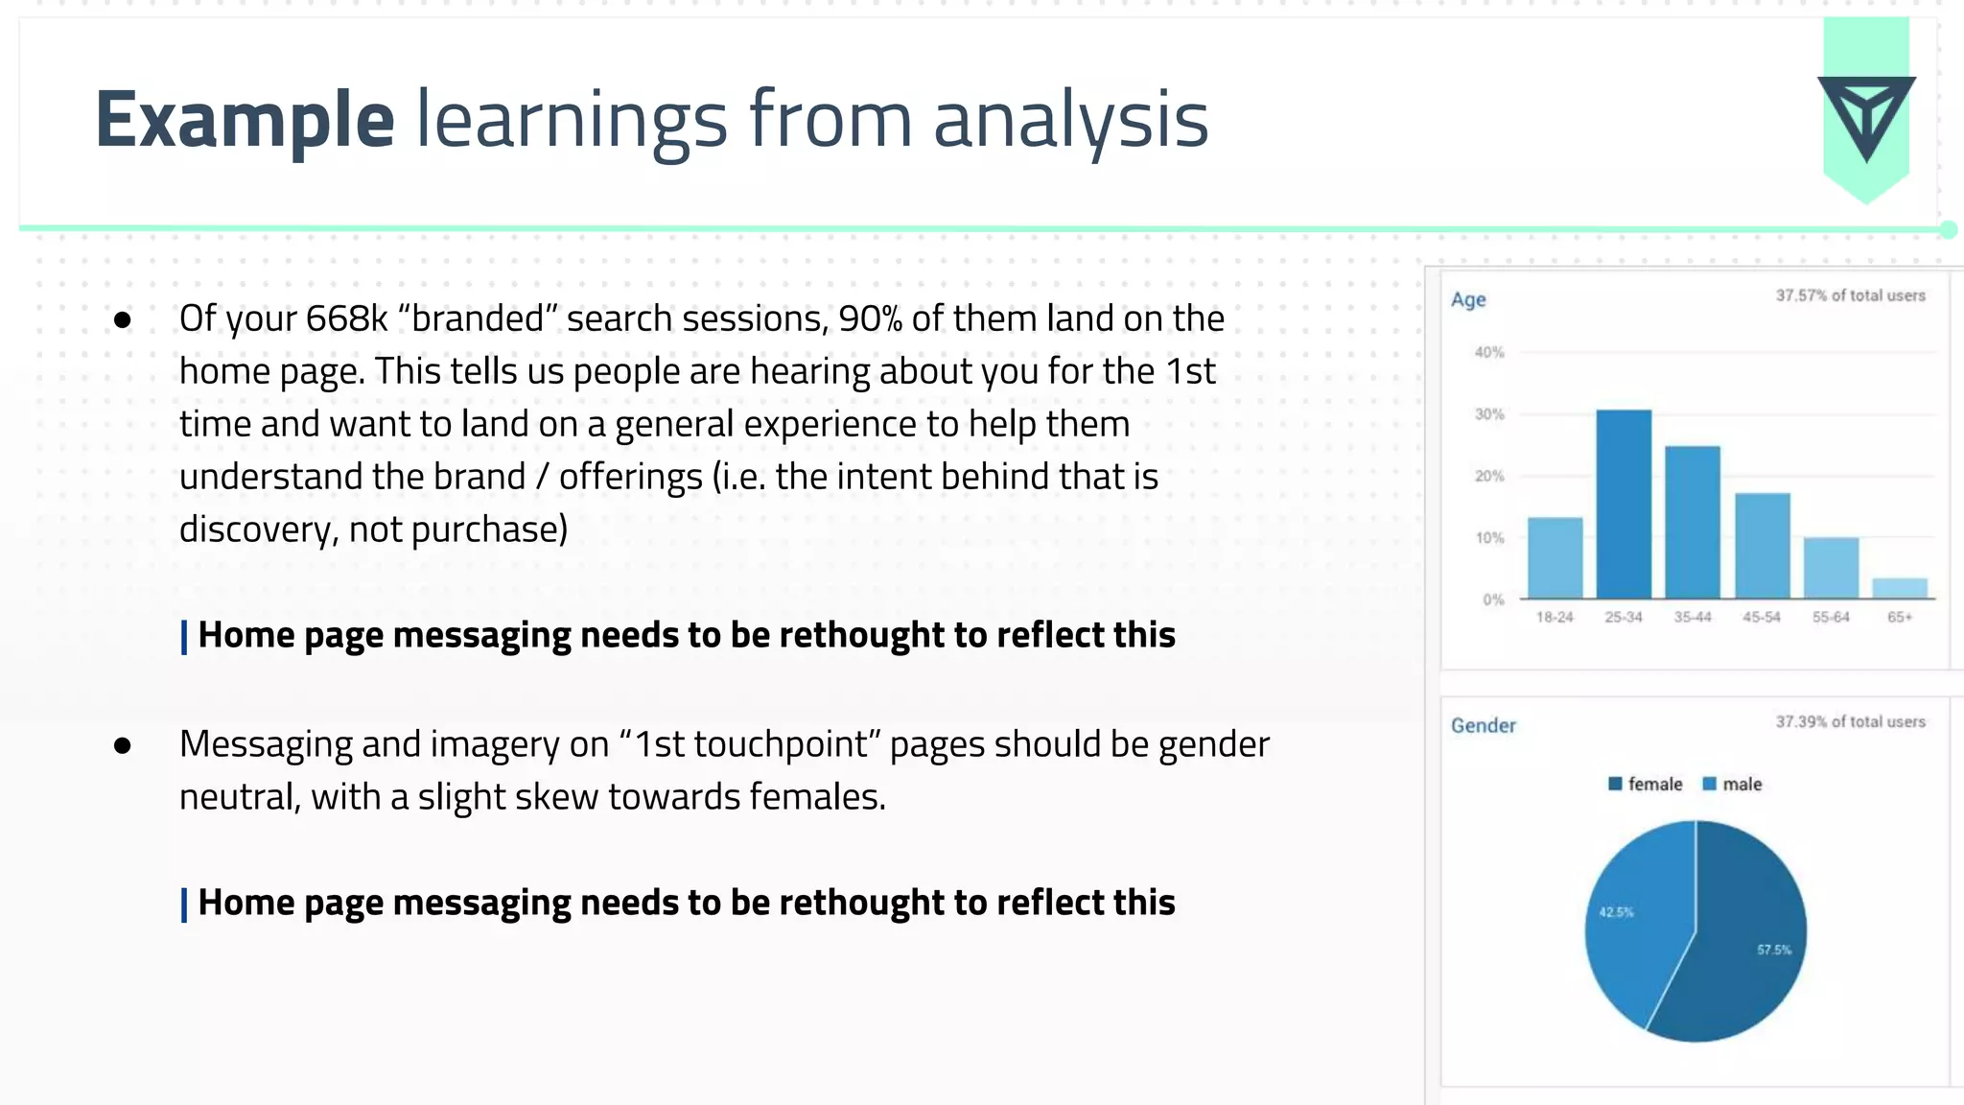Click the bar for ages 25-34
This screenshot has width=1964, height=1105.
[x=1624, y=505]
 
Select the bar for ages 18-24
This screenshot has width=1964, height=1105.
[x=1555, y=558]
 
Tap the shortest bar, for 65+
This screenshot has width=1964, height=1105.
[x=1899, y=588]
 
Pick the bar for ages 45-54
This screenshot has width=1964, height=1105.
[x=1762, y=546]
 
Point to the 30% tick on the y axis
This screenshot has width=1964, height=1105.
[x=1489, y=414]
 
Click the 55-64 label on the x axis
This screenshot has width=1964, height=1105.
[x=1830, y=617]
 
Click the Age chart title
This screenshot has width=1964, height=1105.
[x=1468, y=299]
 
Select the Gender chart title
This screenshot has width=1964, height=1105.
[x=1483, y=725]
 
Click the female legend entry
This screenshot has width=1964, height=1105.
[x=1646, y=784]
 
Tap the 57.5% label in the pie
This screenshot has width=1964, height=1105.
[x=1773, y=950]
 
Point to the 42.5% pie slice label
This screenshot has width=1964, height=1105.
[x=1616, y=912]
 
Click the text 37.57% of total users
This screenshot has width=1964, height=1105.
[x=1850, y=295]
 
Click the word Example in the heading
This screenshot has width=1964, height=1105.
[x=245, y=120]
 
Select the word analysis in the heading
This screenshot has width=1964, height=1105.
[x=1070, y=120]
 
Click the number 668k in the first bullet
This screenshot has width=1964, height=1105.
[x=346, y=318]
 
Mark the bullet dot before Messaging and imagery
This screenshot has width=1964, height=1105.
[x=122, y=745]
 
